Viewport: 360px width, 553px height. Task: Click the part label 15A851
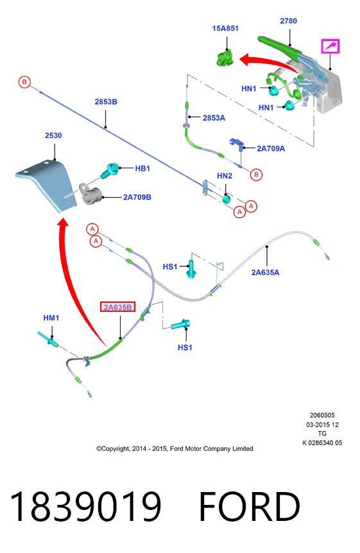(x=225, y=28)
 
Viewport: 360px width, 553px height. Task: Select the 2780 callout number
(x=288, y=21)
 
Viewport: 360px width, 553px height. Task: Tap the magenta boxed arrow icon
(x=330, y=46)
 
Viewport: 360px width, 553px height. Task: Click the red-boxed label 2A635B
(x=117, y=307)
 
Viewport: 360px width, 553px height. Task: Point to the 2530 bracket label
(x=53, y=135)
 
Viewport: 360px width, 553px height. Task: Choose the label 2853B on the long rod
(x=106, y=102)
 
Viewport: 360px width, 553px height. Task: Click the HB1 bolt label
(x=142, y=169)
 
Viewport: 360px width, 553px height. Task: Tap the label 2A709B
(x=137, y=197)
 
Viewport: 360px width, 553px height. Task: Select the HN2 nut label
(x=225, y=176)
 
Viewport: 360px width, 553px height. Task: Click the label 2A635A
(x=265, y=272)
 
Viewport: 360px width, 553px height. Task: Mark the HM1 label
(x=51, y=318)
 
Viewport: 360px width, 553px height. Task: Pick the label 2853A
(x=214, y=118)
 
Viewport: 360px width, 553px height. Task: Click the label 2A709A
(x=271, y=148)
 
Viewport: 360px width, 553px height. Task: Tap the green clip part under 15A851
(x=225, y=58)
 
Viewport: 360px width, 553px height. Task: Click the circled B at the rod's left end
(x=24, y=82)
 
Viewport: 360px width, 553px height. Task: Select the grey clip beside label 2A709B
(x=90, y=194)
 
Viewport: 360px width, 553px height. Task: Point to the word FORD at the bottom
(x=250, y=506)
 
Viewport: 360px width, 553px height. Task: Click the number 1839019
(x=86, y=506)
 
